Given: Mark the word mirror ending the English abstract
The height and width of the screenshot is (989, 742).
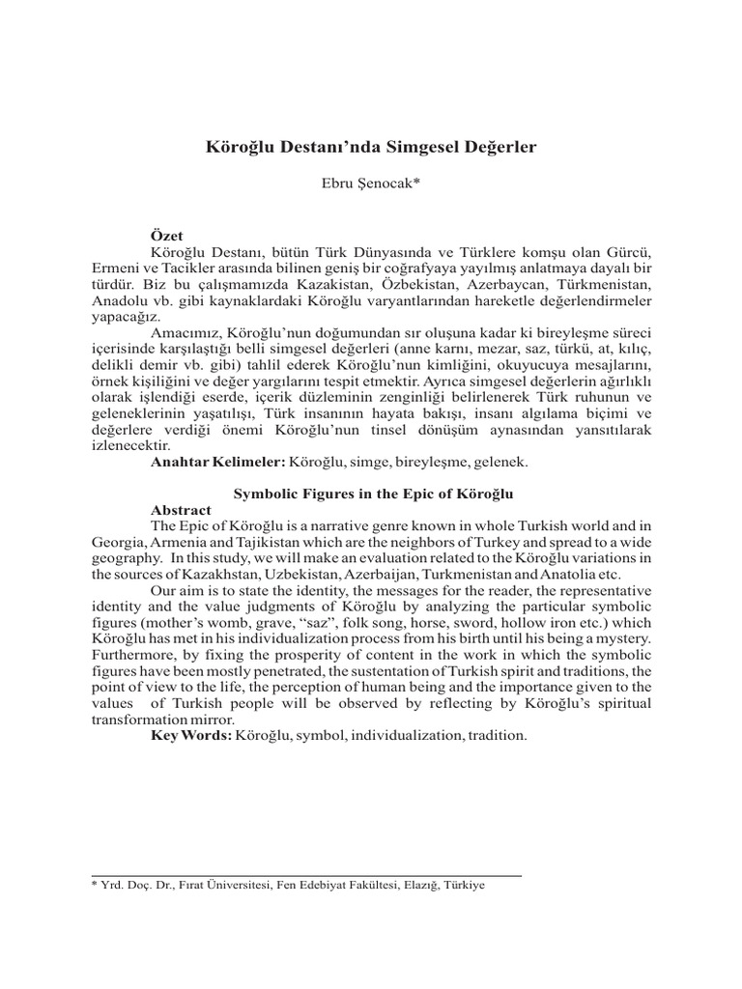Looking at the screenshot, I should (209, 720).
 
